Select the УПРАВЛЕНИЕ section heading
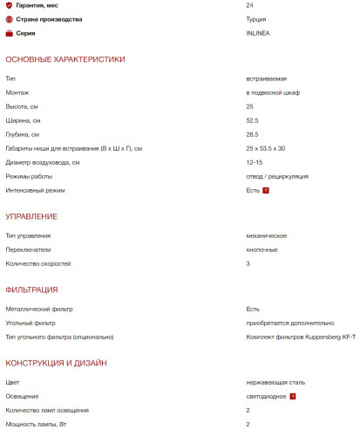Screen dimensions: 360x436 (x=31, y=216)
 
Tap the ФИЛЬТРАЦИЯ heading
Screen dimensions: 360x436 (x=31, y=290)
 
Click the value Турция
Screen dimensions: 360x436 (x=258, y=18)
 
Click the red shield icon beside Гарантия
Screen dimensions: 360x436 (x=9, y=5)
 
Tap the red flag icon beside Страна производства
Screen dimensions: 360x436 (x=9, y=19)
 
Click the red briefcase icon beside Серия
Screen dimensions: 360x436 (x=9, y=33)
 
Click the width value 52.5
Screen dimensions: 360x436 (x=253, y=120)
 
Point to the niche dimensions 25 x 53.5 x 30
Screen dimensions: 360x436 (x=266, y=148)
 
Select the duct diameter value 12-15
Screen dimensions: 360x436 (x=255, y=162)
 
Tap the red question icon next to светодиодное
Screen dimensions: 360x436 (x=293, y=396)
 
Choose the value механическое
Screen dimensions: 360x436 (x=267, y=235)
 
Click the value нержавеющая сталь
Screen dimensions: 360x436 (x=275, y=382)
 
